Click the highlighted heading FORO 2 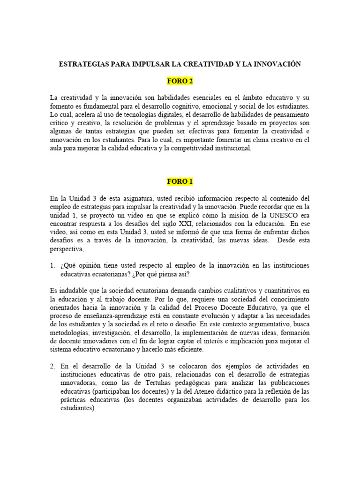[180, 82]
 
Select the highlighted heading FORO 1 [180, 181]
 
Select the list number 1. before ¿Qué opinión [53, 266]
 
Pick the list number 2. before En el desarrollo [53, 366]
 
